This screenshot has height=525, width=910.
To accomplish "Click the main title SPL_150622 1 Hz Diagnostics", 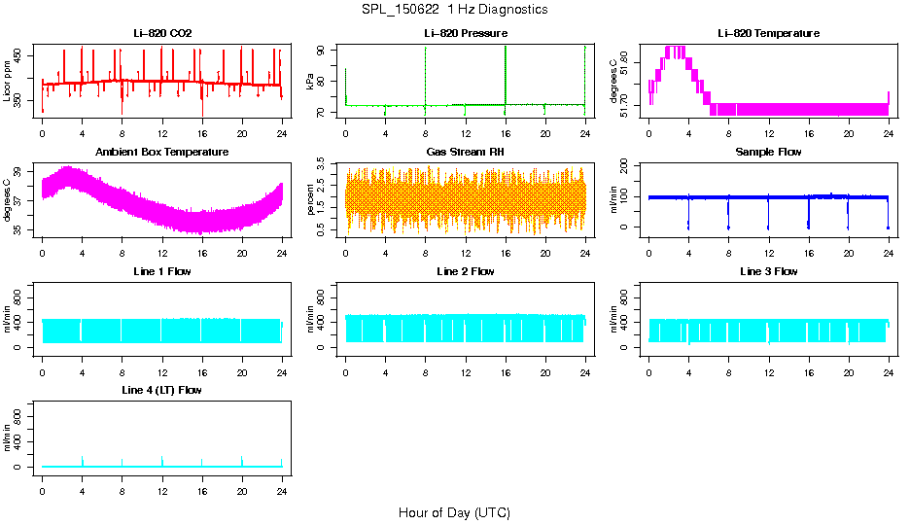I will [454, 10].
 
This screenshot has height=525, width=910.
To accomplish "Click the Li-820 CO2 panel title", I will [162, 34].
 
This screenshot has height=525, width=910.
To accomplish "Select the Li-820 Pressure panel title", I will [466, 34].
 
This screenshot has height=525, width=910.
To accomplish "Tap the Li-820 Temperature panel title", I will [768, 34].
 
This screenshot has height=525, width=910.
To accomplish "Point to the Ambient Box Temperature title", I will [162, 153].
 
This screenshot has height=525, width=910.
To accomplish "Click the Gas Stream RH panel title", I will [466, 153].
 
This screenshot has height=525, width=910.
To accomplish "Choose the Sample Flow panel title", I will [768, 153].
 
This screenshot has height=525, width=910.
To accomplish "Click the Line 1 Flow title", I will [162, 271].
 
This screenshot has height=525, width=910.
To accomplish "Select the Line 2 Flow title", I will [466, 271].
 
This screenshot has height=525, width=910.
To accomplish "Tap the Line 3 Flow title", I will [768, 271].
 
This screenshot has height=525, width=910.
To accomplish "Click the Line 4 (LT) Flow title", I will [162, 390].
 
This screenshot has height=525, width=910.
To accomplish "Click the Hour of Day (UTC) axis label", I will [454, 512].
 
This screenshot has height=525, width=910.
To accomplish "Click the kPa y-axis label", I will [310, 82].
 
